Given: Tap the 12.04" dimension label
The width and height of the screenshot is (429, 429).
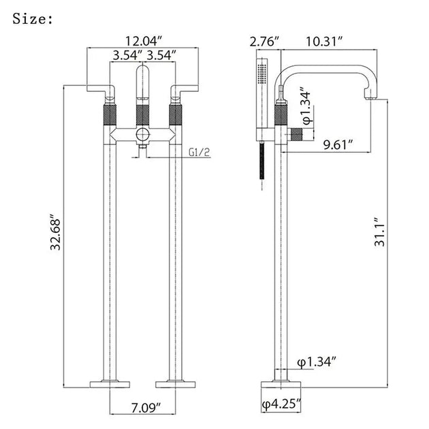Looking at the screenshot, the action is coord(144,41).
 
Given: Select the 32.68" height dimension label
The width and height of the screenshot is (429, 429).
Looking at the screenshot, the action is coord(56,234).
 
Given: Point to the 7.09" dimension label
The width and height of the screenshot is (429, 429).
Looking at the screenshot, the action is coord(146,408).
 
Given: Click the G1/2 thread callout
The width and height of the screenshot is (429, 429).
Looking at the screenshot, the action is coord(199,152).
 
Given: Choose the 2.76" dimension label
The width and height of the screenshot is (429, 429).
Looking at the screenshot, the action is coord(264,42).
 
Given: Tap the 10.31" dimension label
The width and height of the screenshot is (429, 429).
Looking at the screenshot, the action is coord(324,42).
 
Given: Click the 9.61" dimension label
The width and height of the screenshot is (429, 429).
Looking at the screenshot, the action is coord(338,144).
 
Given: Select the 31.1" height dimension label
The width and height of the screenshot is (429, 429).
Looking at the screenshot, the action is coord(380,232).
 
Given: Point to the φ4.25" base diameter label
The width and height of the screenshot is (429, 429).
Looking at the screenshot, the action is coord(281,404).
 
